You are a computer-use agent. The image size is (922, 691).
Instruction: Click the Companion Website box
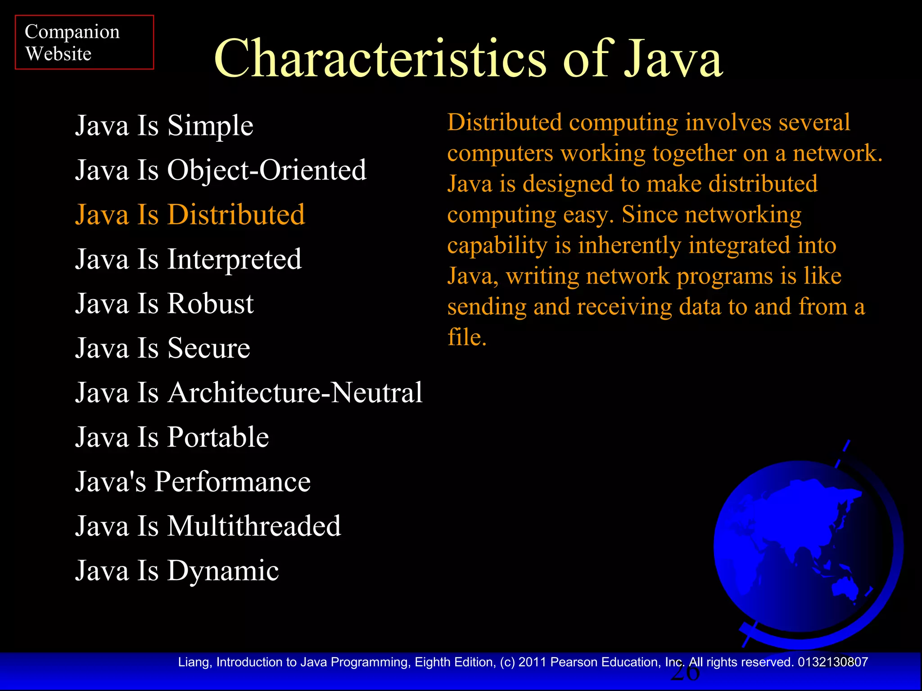pos(84,42)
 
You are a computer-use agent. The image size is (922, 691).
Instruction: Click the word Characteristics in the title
pos(380,59)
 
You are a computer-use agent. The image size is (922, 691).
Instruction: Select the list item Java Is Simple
pos(164,126)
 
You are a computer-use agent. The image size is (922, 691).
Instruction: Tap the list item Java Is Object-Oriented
pos(221,170)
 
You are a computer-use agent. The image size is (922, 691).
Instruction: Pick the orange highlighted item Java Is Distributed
pos(190,215)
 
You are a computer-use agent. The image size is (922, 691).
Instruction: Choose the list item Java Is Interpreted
pos(188,259)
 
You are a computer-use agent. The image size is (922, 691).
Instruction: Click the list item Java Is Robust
pos(164,304)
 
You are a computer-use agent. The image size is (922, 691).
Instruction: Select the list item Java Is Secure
pos(163,348)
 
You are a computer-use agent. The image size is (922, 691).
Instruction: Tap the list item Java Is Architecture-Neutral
pos(249,393)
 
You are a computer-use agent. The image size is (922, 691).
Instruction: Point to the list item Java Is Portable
pos(172,437)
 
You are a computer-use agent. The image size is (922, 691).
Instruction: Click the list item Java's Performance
pos(193,482)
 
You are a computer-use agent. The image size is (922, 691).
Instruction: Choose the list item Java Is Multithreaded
pos(208,526)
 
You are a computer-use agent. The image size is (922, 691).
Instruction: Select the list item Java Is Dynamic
pos(177,571)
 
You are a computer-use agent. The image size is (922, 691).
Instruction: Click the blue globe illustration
pos(803,549)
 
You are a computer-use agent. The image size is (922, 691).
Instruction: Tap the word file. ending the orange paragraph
pos(467,337)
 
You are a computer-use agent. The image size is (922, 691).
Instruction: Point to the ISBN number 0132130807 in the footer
pos(833,662)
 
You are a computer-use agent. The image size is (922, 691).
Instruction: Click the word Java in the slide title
pos(673,59)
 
